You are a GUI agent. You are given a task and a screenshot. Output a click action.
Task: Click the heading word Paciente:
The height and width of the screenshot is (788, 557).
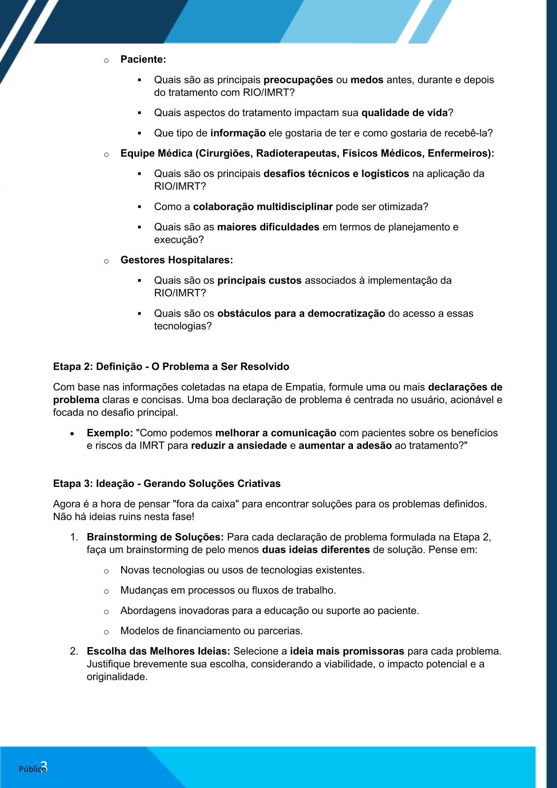coord(143,59)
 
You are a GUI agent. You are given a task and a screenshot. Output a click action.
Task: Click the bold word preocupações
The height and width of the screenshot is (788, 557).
coord(298,80)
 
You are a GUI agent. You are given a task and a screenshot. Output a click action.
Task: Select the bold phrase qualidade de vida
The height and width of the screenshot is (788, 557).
coord(404,113)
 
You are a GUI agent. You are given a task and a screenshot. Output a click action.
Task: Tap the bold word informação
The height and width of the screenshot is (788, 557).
coord(238,133)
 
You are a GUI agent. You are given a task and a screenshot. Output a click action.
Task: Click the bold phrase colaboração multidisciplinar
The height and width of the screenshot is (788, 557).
coord(263,207)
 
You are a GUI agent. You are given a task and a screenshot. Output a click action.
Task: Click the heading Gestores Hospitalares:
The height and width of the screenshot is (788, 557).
coord(176,260)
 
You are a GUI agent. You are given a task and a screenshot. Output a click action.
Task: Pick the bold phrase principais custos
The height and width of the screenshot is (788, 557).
coord(259,280)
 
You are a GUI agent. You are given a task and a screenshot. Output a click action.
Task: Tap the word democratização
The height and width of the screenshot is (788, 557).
coord(346,314)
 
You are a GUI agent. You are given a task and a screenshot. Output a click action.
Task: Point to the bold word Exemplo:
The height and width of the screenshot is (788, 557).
coord(110,433)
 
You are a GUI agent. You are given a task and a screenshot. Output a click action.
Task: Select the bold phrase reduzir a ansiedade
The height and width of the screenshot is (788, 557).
coord(239,446)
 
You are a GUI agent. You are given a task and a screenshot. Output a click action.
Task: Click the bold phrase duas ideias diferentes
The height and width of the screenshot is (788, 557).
coord(315,550)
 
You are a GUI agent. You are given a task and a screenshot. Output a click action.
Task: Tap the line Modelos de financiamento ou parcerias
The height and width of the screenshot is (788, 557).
coord(211,631)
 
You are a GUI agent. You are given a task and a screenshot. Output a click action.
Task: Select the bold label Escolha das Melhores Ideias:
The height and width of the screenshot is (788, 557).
coord(158,651)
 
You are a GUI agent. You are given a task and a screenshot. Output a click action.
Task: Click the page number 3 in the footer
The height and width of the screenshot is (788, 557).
coord(44,766)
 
